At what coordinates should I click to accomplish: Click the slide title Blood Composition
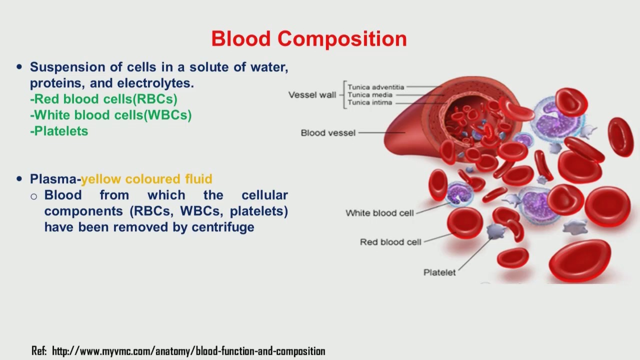309,38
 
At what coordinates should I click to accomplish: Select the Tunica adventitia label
375,87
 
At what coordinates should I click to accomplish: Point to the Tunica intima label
370,103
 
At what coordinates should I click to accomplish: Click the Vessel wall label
312,95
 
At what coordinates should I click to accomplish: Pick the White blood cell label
379,213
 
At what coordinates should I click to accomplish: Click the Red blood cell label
390,242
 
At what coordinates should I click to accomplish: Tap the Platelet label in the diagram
439,272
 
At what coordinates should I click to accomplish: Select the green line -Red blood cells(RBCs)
103,99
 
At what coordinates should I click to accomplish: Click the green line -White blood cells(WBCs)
110,115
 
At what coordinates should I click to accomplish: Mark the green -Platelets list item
59,131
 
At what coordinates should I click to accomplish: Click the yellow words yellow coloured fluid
146,179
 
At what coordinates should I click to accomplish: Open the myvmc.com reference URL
188,351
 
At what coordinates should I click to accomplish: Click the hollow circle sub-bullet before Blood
34,196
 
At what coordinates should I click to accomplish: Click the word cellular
264,195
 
